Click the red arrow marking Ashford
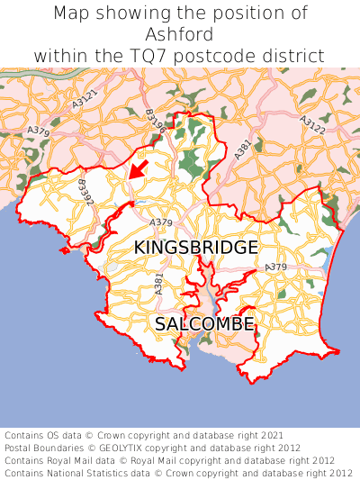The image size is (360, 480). pyautogui.click(x=137, y=168)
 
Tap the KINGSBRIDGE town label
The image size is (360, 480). pyautogui.click(x=195, y=247)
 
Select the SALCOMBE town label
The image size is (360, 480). pyautogui.click(x=204, y=323)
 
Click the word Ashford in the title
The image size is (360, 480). pyautogui.click(x=179, y=34)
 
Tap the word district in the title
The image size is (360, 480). pyautogui.click(x=292, y=55)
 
